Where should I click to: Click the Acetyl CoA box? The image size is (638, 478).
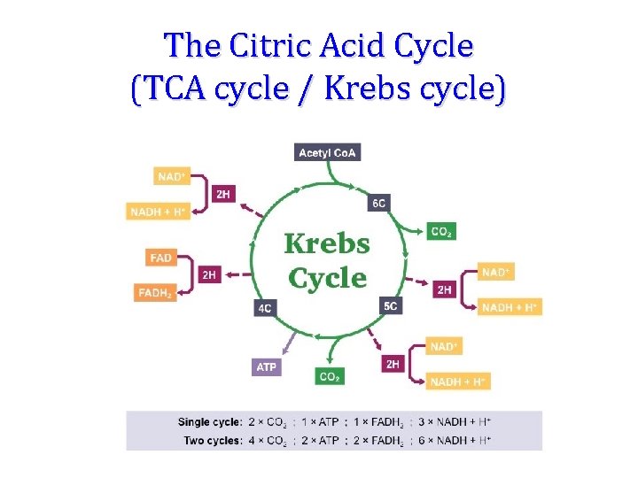(x=327, y=153)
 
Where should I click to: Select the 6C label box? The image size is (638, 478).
(x=378, y=203)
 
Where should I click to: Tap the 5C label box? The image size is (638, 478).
(x=391, y=306)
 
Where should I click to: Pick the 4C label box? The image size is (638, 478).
(x=264, y=308)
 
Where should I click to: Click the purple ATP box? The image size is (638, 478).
(x=266, y=366)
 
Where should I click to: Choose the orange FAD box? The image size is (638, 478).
(x=161, y=258)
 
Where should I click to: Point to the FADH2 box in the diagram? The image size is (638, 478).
(x=155, y=292)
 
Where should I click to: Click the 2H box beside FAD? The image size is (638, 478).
(x=209, y=275)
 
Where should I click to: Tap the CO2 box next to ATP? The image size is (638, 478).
(x=329, y=376)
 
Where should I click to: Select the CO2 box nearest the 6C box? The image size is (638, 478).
(x=440, y=232)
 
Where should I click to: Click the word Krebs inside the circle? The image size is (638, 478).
(x=327, y=243)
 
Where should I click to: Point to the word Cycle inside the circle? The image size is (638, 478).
(x=327, y=278)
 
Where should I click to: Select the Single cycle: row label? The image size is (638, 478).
(x=210, y=422)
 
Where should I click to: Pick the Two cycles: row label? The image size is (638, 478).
(x=213, y=440)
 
